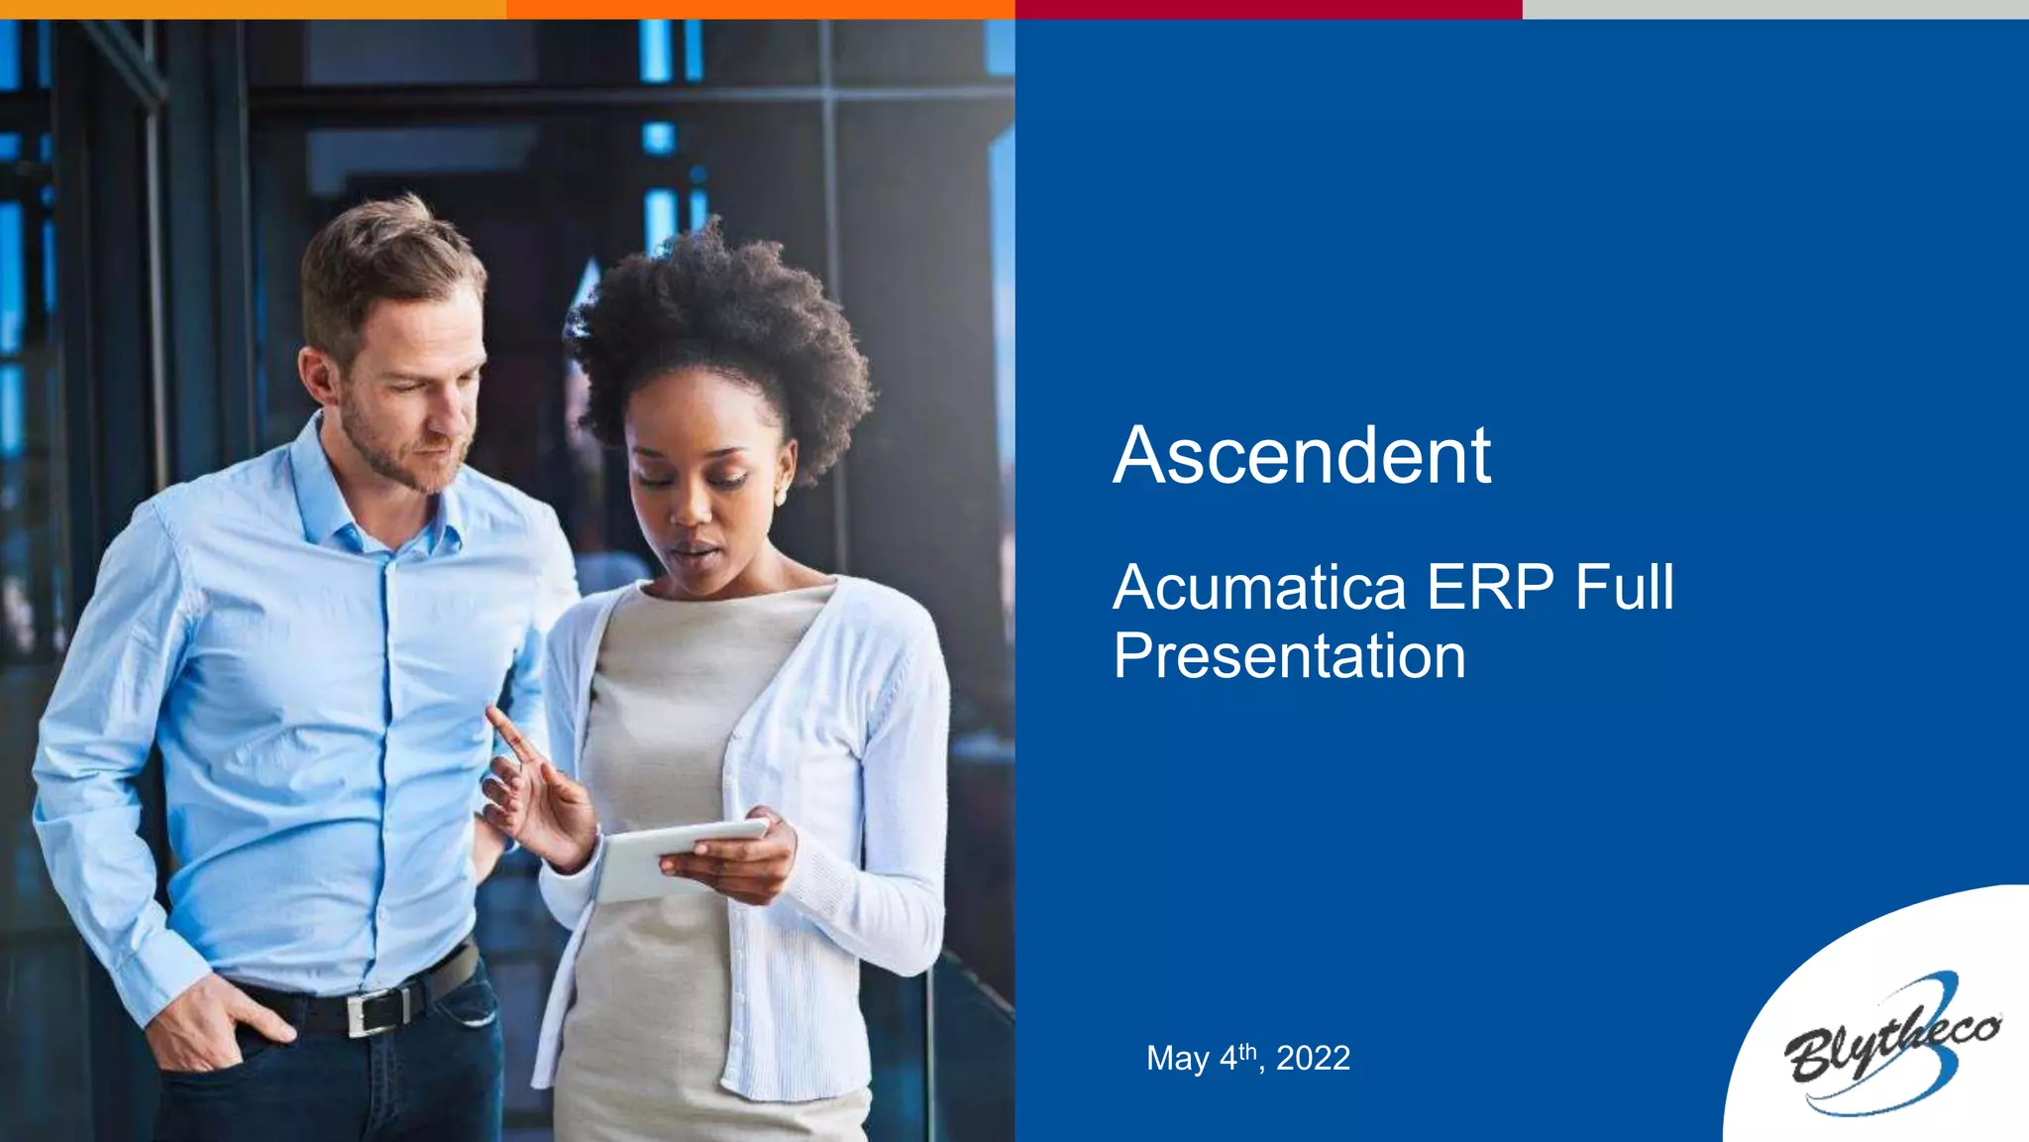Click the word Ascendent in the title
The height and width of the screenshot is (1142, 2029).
(x=1302, y=456)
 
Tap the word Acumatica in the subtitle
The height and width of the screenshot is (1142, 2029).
(x=1259, y=587)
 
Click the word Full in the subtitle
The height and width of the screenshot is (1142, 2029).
(x=1625, y=587)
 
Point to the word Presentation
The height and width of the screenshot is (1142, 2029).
(x=1289, y=656)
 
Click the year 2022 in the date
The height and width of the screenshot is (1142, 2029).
(x=1313, y=1059)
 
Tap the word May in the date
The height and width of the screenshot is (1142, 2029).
(x=1177, y=1059)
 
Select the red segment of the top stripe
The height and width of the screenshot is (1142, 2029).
(x=1268, y=9)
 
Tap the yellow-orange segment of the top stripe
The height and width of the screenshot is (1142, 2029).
(x=253, y=9)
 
